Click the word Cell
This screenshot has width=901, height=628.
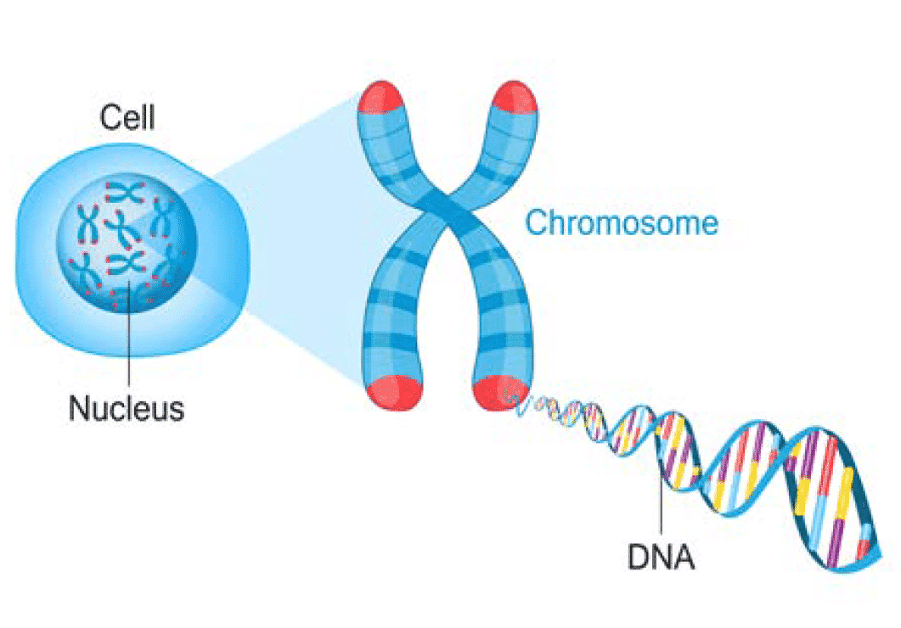point(128,117)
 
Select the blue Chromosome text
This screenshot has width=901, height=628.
point(622,223)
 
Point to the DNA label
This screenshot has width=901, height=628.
point(661,558)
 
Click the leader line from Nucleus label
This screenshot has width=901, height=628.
point(128,339)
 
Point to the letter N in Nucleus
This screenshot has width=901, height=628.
point(79,408)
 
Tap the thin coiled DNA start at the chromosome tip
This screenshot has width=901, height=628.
point(531,405)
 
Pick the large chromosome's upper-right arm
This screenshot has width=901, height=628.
point(501,153)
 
